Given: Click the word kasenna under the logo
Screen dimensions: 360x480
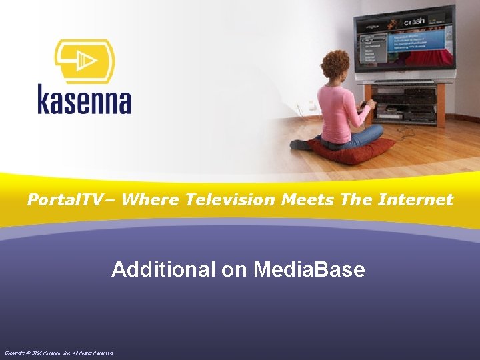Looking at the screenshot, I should pyautogui.click(x=84, y=101).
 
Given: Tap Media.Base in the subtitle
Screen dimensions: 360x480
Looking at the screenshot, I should pyautogui.click(x=309, y=269).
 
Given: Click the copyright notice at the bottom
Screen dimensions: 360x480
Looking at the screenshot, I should pyautogui.click(x=59, y=352).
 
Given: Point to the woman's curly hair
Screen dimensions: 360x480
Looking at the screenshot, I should pyautogui.click(x=335, y=65).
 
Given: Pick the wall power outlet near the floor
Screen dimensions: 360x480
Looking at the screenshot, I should pyautogui.click(x=311, y=106).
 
